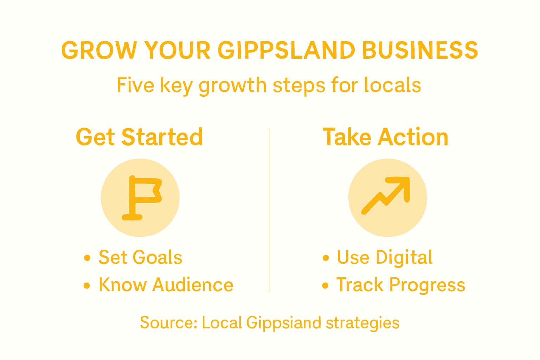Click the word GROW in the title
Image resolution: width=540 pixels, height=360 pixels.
[x=99, y=50]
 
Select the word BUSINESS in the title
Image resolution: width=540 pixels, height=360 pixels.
[x=420, y=50]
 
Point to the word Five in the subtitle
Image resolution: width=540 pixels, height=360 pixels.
[x=135, y=85]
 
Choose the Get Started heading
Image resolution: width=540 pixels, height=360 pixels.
[x=139, y=137]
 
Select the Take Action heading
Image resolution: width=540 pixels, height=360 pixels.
[x=385, y=137]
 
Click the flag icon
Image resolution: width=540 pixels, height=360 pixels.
[x=141, y=198]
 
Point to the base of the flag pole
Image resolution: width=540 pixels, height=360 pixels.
[x=132, y=217]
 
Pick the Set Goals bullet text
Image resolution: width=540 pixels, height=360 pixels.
[x=140, y=257]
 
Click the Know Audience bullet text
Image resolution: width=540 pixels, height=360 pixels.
[x=166, y=285]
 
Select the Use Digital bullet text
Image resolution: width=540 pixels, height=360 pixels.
[x=385, y=257]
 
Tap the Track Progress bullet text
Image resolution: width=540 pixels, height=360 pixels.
[x=400, y=285]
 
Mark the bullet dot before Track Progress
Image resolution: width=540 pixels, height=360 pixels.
[x=325, y=285]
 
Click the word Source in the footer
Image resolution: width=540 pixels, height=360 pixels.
[x=168, y=323]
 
